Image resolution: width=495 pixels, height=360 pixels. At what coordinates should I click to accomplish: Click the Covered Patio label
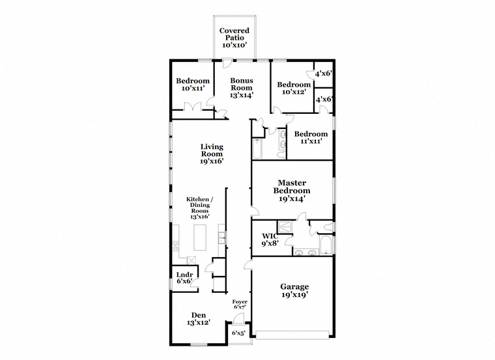pyautogui.click(x=234, y=38)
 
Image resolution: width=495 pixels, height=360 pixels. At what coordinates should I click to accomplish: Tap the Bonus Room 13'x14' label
pyautogui.click(x=242, y=88)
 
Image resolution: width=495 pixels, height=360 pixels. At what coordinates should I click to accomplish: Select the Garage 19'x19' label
pyautogui.click(x=294, y=290)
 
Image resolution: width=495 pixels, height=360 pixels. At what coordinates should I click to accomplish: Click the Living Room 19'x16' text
pyautogui.click(x=212, y=154)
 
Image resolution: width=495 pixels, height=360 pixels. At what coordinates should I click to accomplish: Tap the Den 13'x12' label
pyautogui.click(x=199, y=319)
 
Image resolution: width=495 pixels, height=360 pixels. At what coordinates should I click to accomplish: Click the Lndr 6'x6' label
pyautogui.click(x=184, y=278)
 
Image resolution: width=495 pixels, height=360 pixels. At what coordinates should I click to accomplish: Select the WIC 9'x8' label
pyautogui.click(x=270, y=240)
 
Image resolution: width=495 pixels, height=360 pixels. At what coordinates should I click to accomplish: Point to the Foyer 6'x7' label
pyautogui.click(x=240, y=304)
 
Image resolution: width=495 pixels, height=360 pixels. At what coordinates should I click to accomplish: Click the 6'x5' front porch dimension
pyautogui.click(x=238, y=333)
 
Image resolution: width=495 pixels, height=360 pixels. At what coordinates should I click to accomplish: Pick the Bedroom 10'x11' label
pyautogui.click(x=193, y=85)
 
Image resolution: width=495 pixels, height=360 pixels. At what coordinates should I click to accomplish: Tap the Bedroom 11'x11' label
pyautogui.click(x=311, y=137)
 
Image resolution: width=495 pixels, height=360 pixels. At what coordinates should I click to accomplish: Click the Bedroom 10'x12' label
pyautogui.click(x=294, y=88)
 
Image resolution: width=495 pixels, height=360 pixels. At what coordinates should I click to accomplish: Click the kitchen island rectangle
pyautogui.click(x=200, y=237)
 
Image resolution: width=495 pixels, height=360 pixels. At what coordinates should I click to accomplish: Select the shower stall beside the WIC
pyautogui.click(x=285, y=227)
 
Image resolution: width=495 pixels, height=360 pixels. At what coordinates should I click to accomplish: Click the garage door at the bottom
pyautogui.click(x=292, y=335)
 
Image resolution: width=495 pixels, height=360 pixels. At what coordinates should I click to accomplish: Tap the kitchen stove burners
pyautogui.click(x=175, y=246)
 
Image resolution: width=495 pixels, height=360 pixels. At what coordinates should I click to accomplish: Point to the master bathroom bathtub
pyautogui.click(x=325, y=245)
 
